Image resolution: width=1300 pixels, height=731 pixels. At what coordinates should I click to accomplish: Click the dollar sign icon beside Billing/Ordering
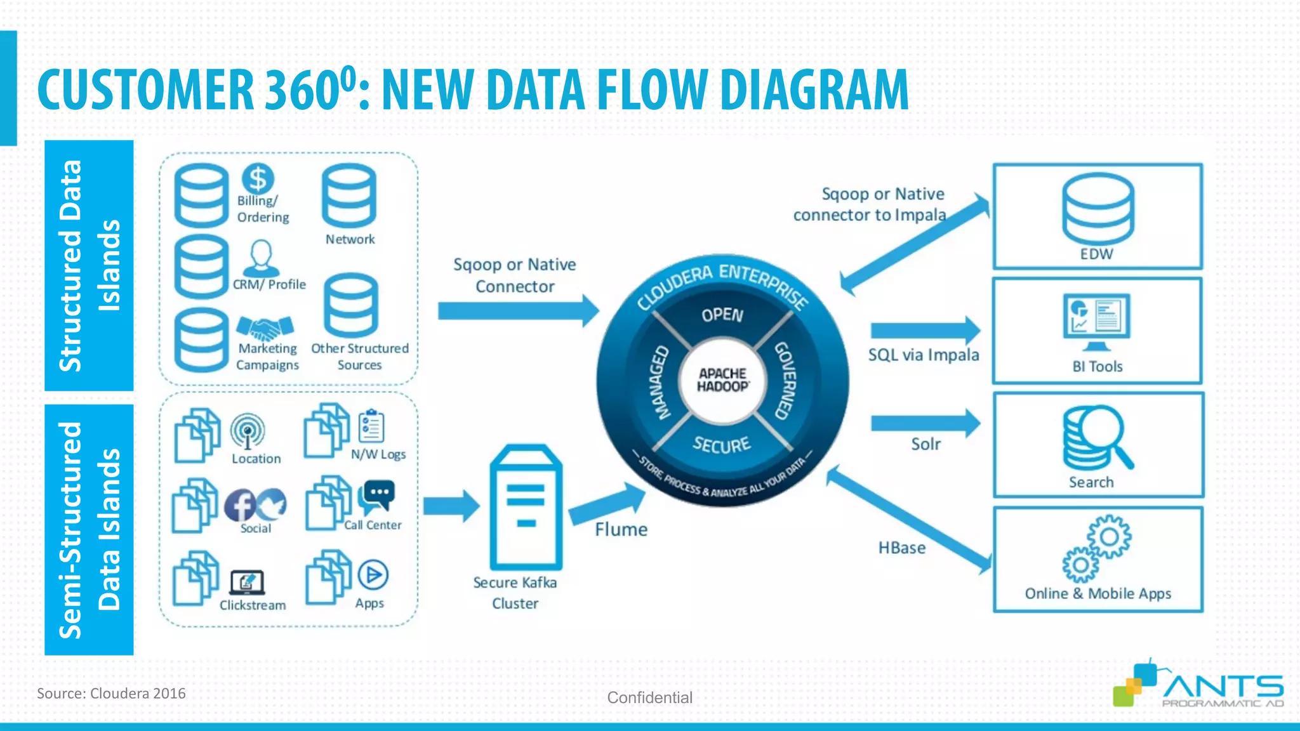pos(258,178)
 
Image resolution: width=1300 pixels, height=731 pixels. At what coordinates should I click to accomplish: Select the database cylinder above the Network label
pos(348,196)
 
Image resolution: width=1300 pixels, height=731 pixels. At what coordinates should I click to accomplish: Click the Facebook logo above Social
pos(240,505)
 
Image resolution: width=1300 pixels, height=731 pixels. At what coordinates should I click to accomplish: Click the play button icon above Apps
pos(373,576)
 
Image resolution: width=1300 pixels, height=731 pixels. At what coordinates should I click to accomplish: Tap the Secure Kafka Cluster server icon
pos(526,507)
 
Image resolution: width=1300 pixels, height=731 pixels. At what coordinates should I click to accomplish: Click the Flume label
pos(621,529)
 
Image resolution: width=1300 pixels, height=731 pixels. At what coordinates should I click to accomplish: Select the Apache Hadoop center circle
pos(722,380)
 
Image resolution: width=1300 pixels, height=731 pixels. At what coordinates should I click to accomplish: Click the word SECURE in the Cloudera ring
pos(722,445)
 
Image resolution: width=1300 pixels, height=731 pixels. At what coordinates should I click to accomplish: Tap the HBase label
pos(901,548)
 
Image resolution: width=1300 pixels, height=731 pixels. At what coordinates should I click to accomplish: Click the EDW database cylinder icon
pos(1098,209)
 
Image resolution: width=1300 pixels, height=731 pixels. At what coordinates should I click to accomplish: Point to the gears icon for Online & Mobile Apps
pos(1097,548)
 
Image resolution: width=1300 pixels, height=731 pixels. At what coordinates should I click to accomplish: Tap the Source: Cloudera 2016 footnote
pos(111,693)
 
